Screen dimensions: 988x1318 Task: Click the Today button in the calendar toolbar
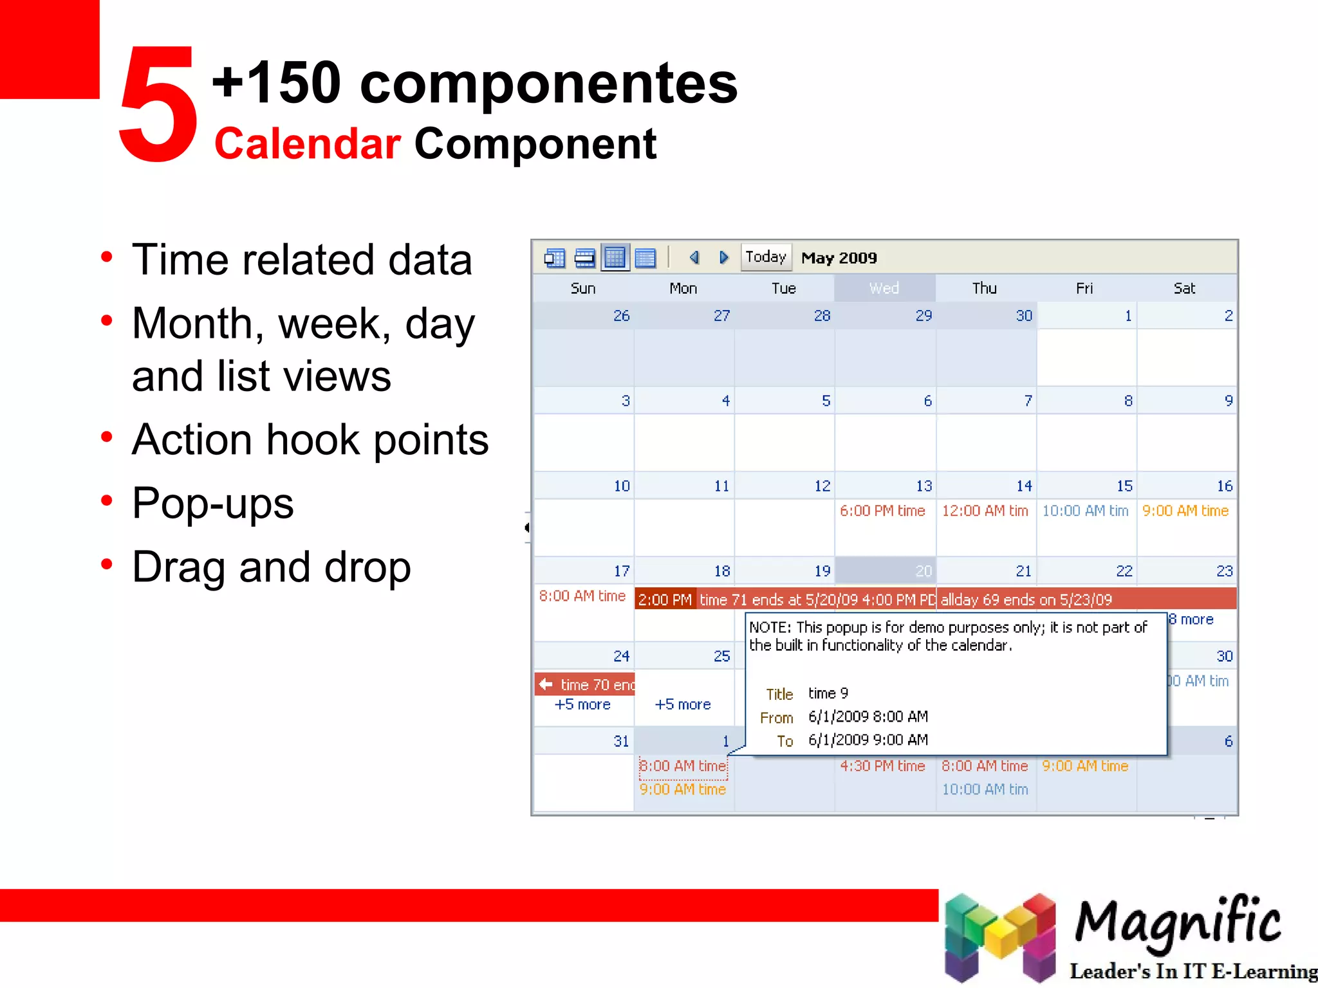(x=765, y=257)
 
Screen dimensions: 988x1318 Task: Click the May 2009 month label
(x=839, y=258)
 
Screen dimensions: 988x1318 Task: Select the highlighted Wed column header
(x=884, y=288)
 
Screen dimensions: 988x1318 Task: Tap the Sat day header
(x=1184, y=288)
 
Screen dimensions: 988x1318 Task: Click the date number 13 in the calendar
(x=924, y=486)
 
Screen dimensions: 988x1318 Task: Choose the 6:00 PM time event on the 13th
(x=882, y=511)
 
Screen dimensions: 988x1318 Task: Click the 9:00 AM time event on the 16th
(x=1185, y=511)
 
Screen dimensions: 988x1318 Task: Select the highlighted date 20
(x=923, y=571)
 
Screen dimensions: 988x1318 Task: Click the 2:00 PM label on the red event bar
(x=665, y=599)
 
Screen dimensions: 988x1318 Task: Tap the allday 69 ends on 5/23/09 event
(x=1026, y=599)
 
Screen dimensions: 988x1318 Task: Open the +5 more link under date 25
(x=682, y=704)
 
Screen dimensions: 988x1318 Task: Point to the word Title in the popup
(x=779, y=694)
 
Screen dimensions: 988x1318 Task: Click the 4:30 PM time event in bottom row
(x=882, y=766)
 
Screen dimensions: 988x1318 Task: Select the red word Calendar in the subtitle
(x=308, y=143)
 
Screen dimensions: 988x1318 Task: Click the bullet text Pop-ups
(x=213, y=503)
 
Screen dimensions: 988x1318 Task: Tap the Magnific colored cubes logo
(x=999, y=937)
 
